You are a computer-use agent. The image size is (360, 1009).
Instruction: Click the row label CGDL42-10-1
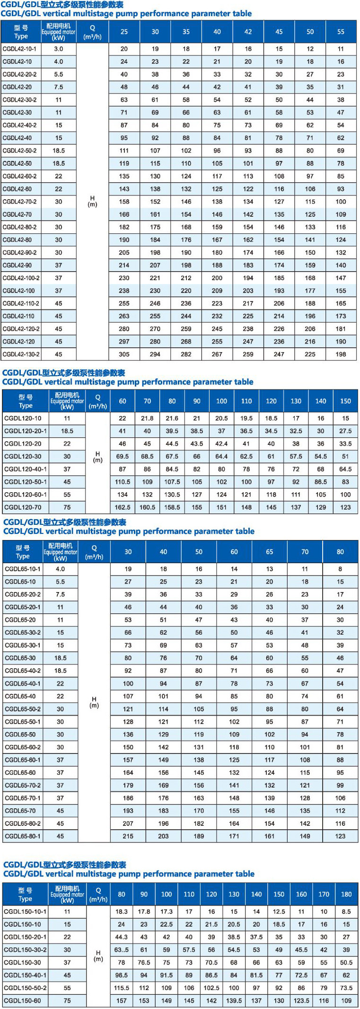point(19,49)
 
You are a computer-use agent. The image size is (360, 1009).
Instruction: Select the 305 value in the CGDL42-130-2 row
point(124,354)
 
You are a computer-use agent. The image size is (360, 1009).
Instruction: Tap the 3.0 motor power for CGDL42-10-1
point(58,49)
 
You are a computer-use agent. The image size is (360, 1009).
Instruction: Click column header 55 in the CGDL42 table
point(341,32)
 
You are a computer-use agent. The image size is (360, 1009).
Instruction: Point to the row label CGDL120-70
point(23,507)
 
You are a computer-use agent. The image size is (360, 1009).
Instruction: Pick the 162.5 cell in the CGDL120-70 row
point(123,507)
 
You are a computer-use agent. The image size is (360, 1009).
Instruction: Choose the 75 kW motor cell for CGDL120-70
point(67,507)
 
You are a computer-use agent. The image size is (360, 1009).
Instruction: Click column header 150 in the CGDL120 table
point(345,401)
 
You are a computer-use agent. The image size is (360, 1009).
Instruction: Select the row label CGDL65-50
point(20,735)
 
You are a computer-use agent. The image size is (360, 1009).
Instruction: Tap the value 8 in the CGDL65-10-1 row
point(340,569)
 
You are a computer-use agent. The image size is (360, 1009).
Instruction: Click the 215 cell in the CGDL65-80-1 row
point(128,836)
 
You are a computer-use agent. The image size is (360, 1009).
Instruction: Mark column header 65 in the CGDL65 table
point(270,552)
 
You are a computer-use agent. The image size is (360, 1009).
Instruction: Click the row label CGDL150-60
point(22,1000)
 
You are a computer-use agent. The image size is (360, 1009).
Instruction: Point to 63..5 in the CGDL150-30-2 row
point(122,949)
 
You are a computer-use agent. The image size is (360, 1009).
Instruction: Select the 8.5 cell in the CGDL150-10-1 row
point(346,912)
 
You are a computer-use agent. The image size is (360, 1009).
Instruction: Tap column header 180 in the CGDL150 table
point(346,894)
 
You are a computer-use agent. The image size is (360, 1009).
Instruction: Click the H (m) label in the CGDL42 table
point(92,201)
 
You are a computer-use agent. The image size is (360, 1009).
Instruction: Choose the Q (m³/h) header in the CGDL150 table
point(98,894)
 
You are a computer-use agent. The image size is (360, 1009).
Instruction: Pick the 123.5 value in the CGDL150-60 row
point(301,1000)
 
